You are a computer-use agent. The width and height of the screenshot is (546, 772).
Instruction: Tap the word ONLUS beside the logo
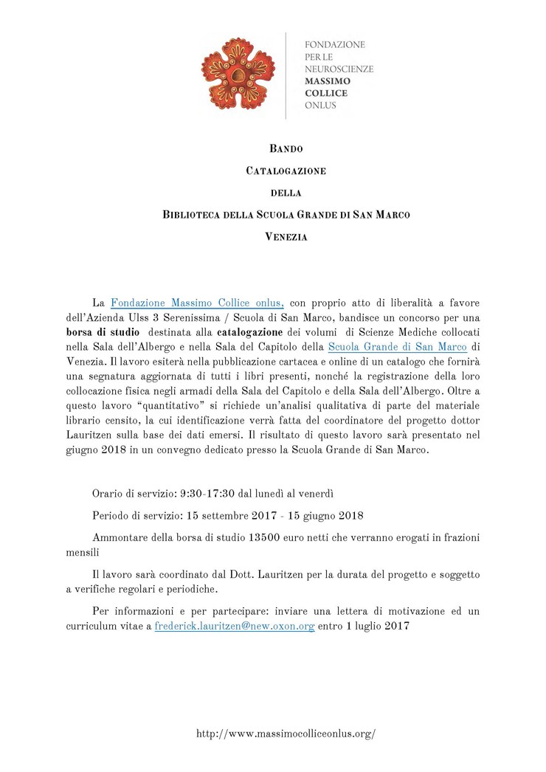click(320, 106)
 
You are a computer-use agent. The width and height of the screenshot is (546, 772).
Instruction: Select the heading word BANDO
click(286, 149)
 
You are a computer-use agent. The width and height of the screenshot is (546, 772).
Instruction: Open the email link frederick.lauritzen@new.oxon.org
click(235, 626)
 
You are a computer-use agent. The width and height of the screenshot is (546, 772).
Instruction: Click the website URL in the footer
click(286, 734)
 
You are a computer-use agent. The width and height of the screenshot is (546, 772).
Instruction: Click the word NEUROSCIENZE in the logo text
click(339, 69)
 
